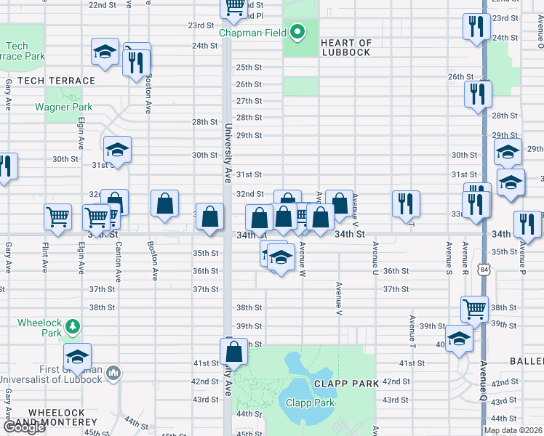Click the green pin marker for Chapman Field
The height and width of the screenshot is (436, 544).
click(x=297, y=32)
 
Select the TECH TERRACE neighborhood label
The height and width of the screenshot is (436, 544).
click(x=47, y=81)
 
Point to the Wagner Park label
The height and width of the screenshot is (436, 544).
click(x=63, y=107)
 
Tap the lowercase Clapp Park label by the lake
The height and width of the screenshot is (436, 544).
click(x=310, y=403)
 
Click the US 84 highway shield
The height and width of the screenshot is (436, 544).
click(x=484, y=290)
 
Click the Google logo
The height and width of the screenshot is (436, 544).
click(x=24, y=428)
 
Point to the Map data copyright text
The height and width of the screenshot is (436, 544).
click(x=512, y=430)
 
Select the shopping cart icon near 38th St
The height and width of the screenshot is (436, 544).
click(x=474, y=308)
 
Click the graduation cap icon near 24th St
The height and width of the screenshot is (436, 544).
click(x=105, y=52)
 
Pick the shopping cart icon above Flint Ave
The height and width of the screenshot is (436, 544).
click(x=57, y=216)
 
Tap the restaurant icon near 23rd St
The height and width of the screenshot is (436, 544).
click(x=476, y=26)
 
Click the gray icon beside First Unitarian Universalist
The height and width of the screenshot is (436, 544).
click(x=113, y=374)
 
